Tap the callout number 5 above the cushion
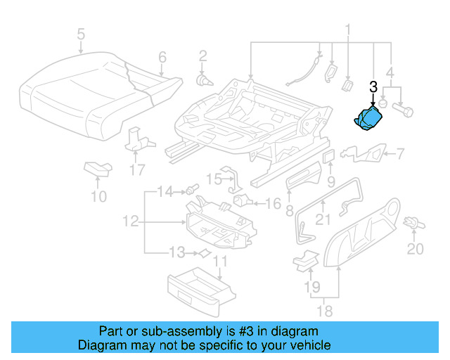pos(81,34)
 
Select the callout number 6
pos(162,57)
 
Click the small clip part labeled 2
pos(203,80)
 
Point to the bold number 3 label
pos(373,87)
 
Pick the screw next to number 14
pos(191,191)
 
